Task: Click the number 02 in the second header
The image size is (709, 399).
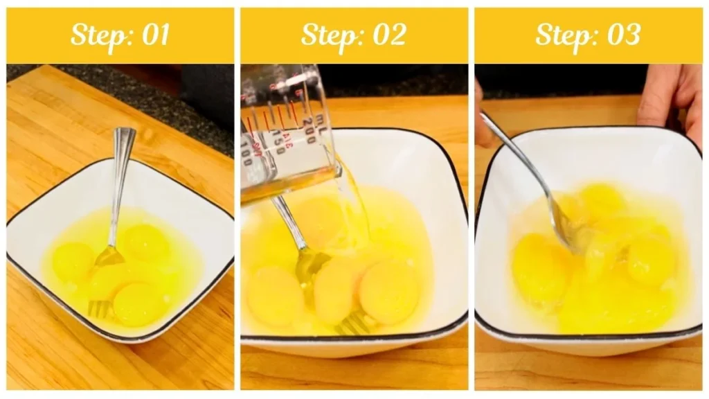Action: [x=388, y=35]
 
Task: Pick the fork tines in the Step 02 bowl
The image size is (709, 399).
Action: [x=353, y=322]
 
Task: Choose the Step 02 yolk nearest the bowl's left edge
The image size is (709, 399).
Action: [x=273, y=294]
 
